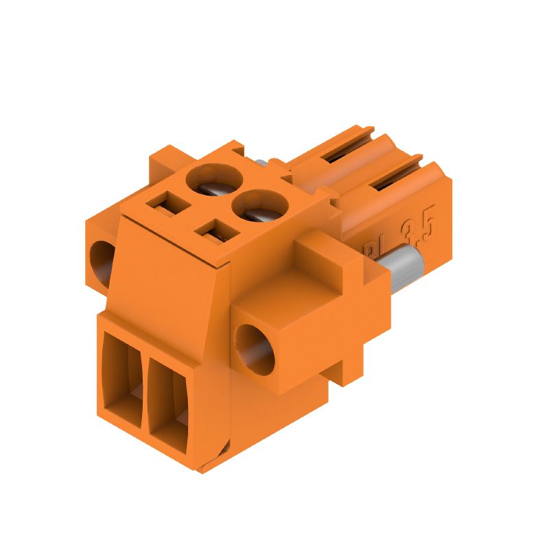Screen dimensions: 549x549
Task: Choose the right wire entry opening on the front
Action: [167, 398]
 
